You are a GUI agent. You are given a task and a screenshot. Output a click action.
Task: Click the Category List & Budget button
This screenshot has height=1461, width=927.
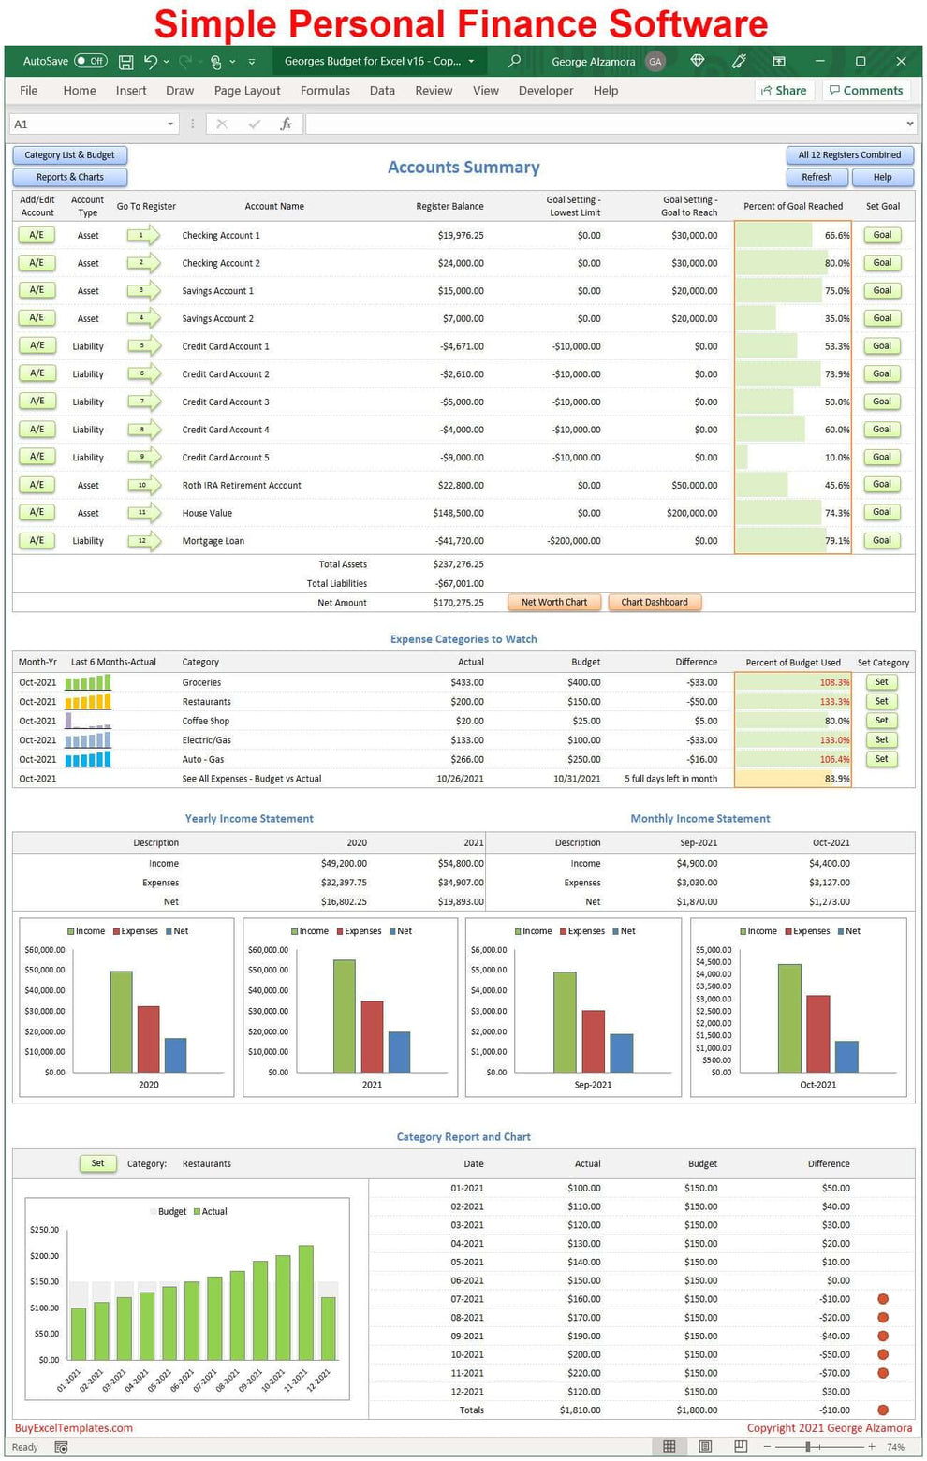[70, 155]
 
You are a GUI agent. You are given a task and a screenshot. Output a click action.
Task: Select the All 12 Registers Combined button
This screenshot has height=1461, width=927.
[849, 155]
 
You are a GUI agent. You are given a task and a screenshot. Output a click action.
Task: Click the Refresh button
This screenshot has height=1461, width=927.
[817, 177]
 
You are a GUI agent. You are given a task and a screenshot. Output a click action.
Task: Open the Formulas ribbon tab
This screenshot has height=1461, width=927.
[325, 91]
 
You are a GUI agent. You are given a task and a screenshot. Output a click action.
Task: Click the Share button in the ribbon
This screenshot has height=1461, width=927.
[783, 91]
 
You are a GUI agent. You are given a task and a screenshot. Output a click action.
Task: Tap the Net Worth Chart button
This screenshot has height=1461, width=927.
[554, 603]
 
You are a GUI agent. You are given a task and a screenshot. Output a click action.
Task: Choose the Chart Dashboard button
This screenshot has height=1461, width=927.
[655, 603]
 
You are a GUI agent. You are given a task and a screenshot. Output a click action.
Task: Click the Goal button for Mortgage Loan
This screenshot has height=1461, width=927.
[882, 541]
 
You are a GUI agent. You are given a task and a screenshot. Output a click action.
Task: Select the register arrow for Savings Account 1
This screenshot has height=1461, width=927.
[143, 291]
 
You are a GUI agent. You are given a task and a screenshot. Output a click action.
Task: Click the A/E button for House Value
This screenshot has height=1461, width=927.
[37, 513]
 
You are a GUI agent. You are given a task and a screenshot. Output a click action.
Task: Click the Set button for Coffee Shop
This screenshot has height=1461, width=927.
[881, 721]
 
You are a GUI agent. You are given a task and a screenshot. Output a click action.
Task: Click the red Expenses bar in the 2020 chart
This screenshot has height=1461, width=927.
[148, 1039]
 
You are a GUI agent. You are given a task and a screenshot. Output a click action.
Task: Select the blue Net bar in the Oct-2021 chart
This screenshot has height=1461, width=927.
[846, 1057]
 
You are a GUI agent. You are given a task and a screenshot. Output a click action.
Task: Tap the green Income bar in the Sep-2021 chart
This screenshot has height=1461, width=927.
[565, 1022]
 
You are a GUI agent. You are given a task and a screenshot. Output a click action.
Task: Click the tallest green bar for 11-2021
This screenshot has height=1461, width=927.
[305, 1302]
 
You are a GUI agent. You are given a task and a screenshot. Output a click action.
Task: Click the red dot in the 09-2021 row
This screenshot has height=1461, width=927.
[882, 1337]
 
